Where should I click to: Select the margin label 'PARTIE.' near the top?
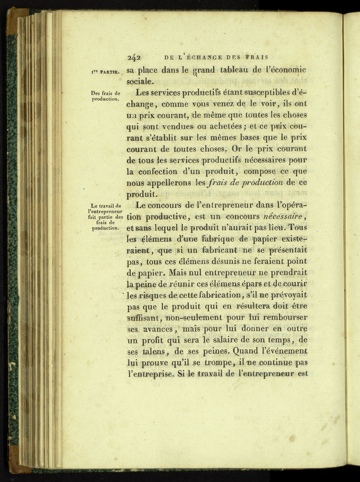(109, 72)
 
